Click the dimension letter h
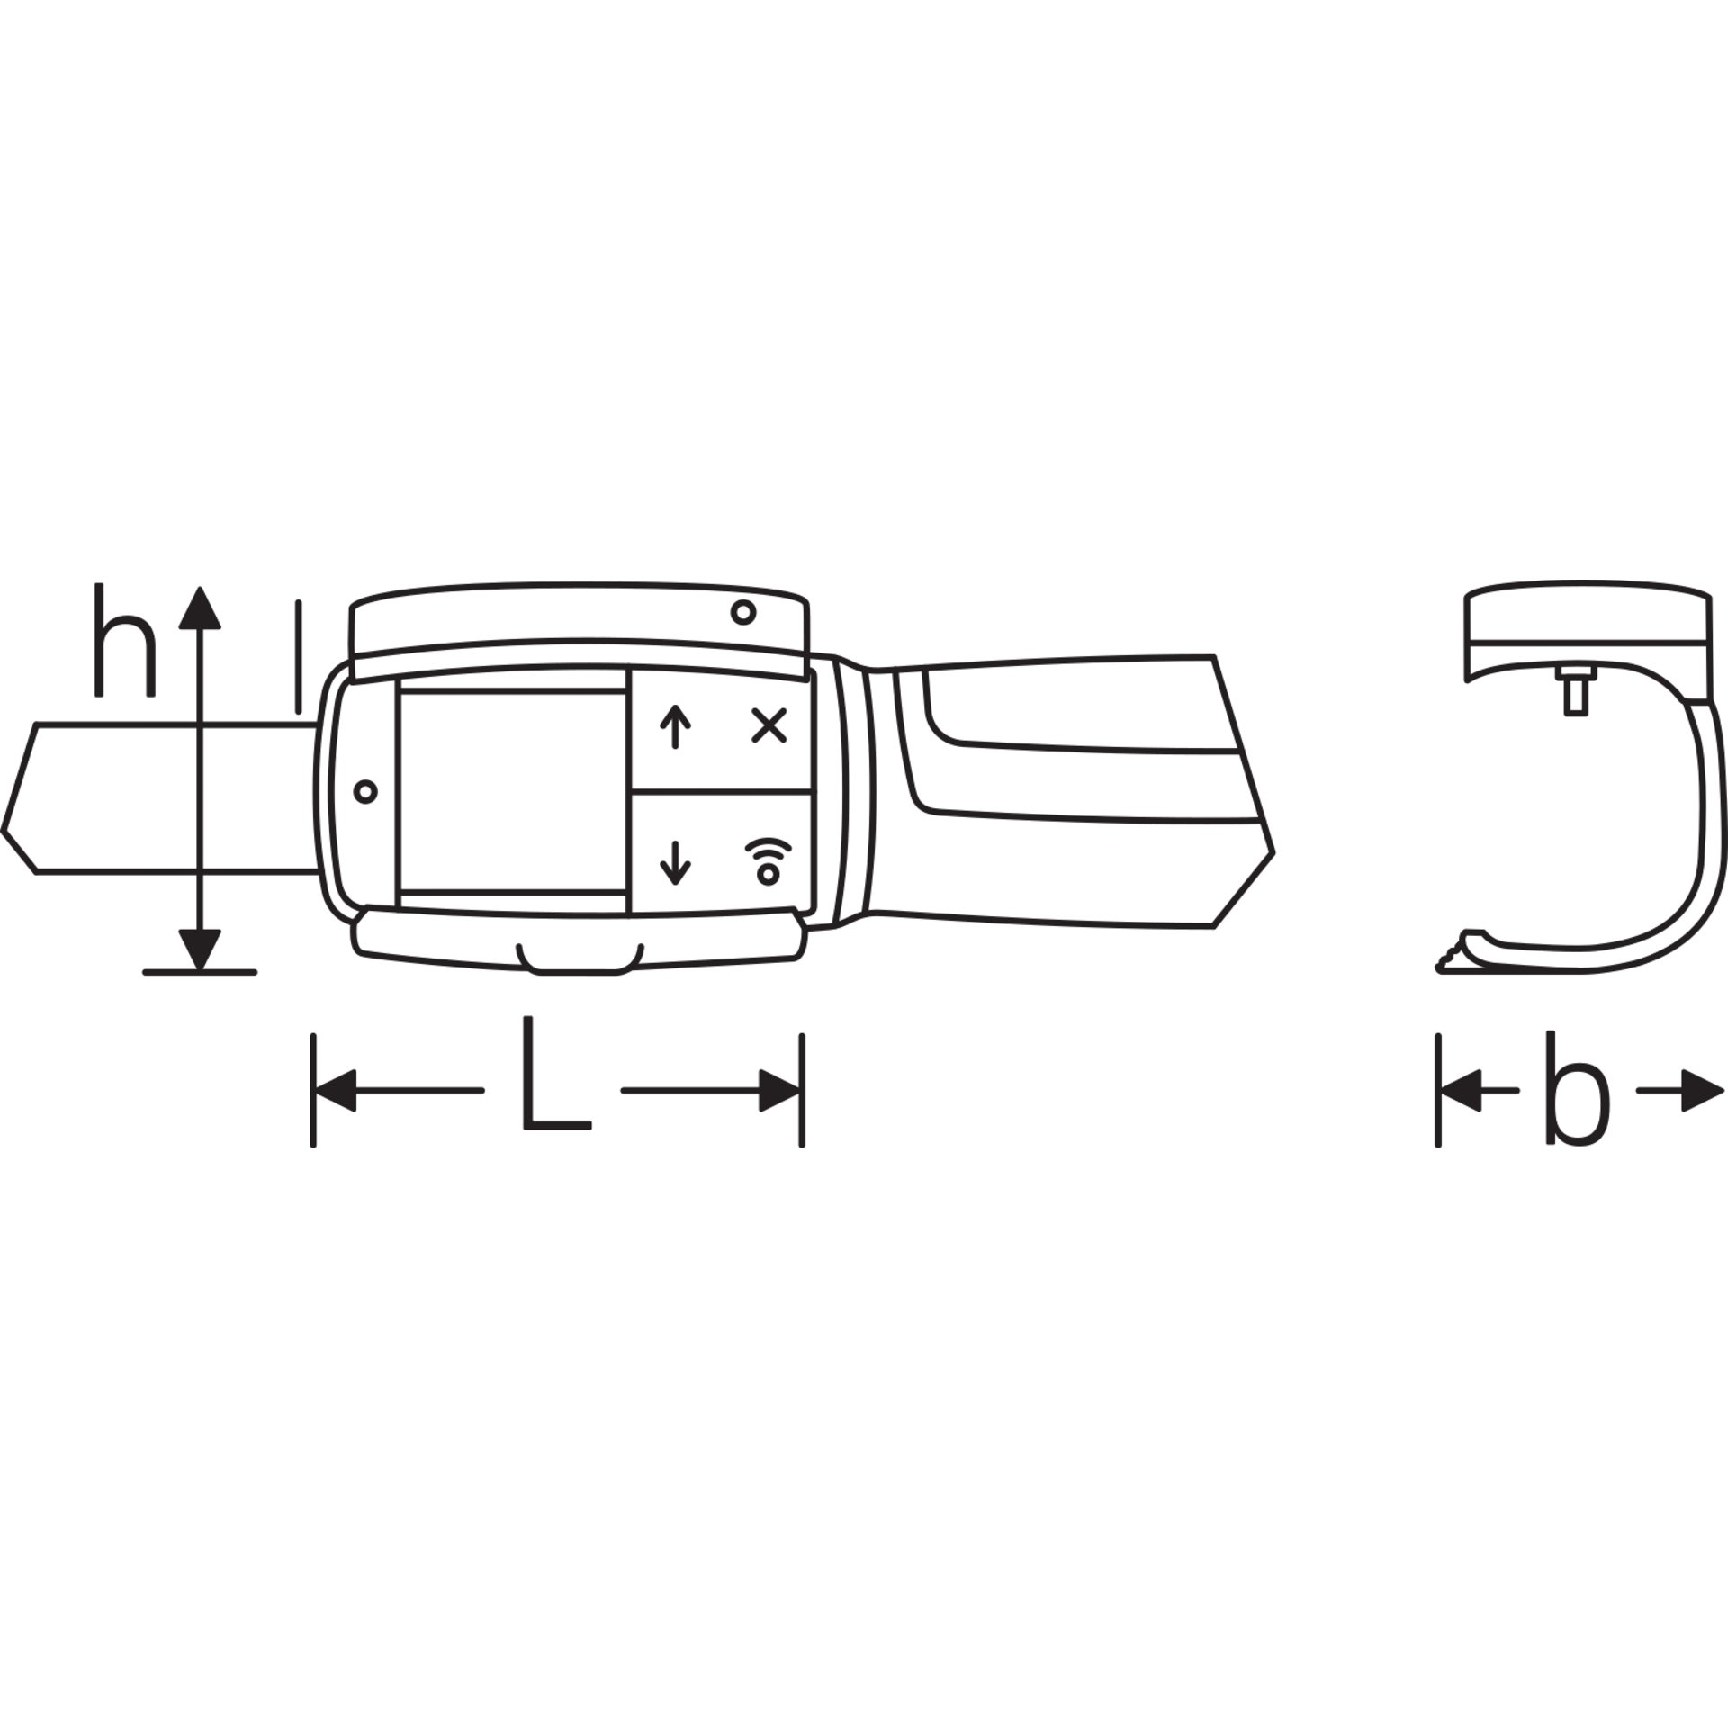click(124, 640)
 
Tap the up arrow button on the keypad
click(675, 727)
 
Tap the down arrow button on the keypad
click(675, 860)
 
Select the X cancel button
click(769, 725)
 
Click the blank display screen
click(512, 792)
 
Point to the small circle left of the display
click(365, 792)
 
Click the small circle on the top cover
click(742, 613)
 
